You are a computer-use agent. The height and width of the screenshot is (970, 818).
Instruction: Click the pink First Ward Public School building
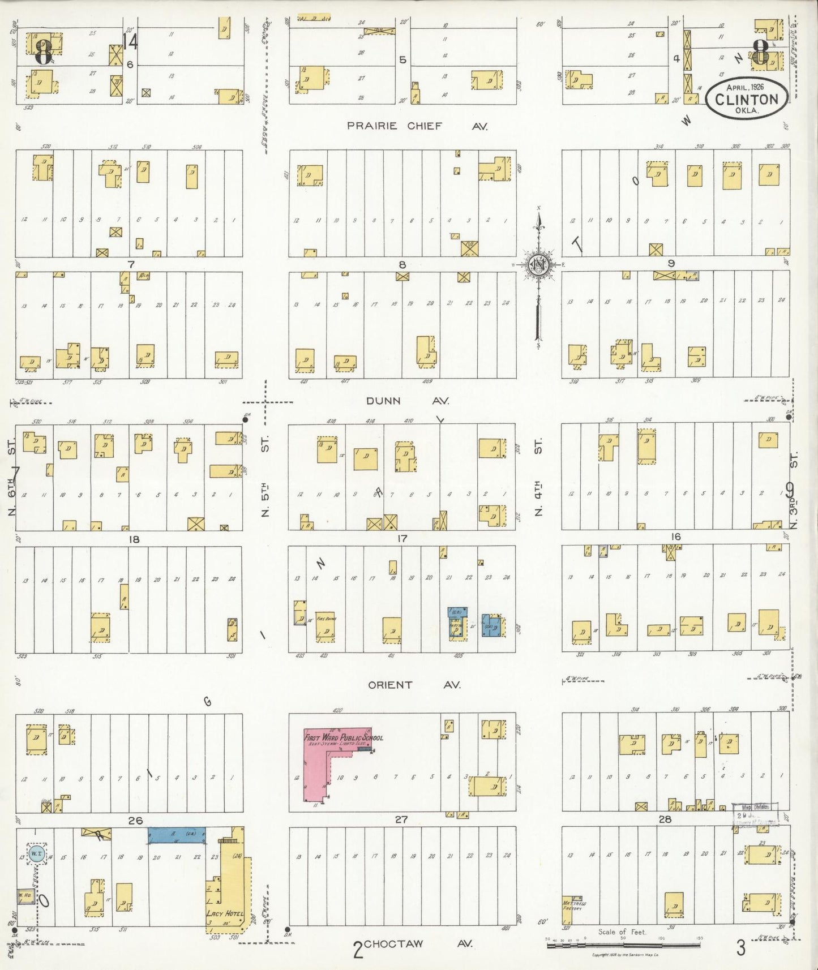click(x=317, y=770)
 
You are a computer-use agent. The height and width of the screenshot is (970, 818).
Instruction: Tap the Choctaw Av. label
click(x=418, y=944)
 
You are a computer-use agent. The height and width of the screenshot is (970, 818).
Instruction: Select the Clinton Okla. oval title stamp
click(x=746, y=99)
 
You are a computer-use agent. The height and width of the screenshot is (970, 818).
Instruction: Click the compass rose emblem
click(x=538, y=264)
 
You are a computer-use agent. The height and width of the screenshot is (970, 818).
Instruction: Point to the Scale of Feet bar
click(x=623, y=946)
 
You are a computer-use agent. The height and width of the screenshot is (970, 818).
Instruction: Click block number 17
click(x=402, y=539)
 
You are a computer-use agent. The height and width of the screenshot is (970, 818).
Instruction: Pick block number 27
click(x=401, y=819)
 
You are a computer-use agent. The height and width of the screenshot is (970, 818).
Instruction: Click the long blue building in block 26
click(x=177, y=836)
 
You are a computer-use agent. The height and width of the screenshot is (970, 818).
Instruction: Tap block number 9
click(x=671, y=263)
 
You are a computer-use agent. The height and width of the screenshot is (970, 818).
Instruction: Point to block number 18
click(x=134, y=539)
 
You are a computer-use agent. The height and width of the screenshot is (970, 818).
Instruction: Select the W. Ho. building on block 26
click(x=25, y=896)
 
